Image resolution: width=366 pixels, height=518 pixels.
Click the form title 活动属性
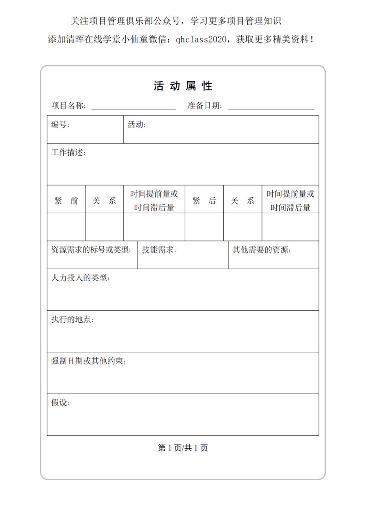pos(183,86)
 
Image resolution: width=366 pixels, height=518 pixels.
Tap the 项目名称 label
pos(68,105)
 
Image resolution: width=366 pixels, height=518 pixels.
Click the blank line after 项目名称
pos(133,106)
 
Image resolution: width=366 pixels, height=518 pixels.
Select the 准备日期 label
pos(205,105)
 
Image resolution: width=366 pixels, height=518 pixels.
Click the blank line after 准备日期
pos(271,106)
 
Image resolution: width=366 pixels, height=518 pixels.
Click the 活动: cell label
pos(137,124)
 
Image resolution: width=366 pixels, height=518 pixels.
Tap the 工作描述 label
pos(68,152)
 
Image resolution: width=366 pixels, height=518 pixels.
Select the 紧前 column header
pos(66,201)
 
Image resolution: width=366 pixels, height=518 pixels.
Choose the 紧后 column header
pos(204,201)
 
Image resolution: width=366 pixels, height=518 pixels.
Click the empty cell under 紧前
pos(66,227)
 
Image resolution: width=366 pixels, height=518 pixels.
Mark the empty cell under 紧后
pos(204,227)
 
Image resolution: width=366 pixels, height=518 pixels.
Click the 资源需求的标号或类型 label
pos(91,250)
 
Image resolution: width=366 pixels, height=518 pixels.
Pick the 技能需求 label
pos(159,250)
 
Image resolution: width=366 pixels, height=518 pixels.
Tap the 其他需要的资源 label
pos(261,250)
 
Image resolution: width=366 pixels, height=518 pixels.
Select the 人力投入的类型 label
pos(80,278)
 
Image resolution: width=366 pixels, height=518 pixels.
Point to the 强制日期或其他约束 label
pos(88,361)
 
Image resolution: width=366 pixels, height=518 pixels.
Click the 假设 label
pos(60,403)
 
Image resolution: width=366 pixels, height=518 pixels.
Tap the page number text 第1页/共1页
pos(183,448)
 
